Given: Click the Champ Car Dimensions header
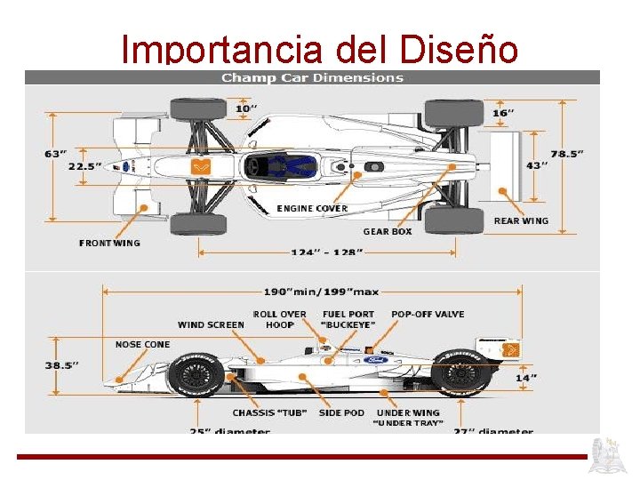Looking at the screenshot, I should pyautogui.click(x=312, y=77).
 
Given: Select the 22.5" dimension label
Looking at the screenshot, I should pyautogui.click(x=85, y=166).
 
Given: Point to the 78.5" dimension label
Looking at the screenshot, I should pyautogui.click(x=566, y=153).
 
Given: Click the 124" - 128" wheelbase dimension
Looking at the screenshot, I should pyautogui.click(x=327, y=252).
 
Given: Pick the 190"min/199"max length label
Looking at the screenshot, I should pyautogui.click(x=321, y=292).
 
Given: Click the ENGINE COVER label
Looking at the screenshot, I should pyautogui.click(x=312, y=209).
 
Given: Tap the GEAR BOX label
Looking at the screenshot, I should pyautogui.click(x=388, y=232).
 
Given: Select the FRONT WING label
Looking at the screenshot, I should pyautogui.click(x=109, y=243).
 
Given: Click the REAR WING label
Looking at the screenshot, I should pyautogui.click(x=521, y=221).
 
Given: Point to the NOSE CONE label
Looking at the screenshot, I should pyautogui.click(x=142, y=344).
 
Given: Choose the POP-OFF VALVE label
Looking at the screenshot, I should pyautogui.click(x=428, y=314).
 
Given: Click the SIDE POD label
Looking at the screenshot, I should pyautogui.click(x=341, y=413).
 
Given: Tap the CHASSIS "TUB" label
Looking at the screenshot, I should pyautogui.click(x=269, y=413).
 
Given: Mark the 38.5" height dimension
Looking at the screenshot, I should pyautogui.click(x=61, y=364).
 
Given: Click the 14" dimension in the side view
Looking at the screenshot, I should pyautogui.click(x=526, y=378).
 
